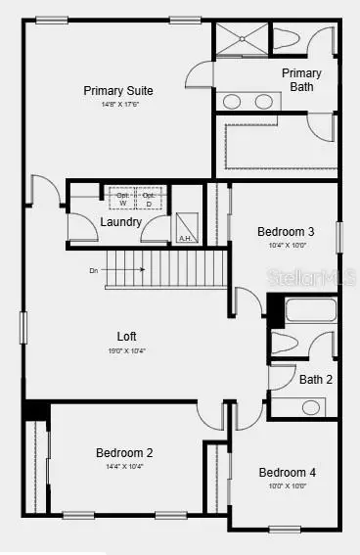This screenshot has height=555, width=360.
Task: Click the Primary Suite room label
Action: [x=145, y=91]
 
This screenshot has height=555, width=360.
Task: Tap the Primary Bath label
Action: [x=301, y=80]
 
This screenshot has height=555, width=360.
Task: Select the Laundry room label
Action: [x=120, y=222]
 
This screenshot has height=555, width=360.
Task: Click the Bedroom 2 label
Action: [x=123, y=453]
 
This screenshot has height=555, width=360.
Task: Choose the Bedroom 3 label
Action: [x=286, y=232]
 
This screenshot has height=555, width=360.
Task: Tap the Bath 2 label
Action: [x=316, y=380]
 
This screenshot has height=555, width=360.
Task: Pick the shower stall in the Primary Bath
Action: [x=241, y=39]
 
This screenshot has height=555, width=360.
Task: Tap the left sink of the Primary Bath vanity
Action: [x=233, y=101]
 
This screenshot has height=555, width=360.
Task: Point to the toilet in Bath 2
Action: [x=286, y=346]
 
